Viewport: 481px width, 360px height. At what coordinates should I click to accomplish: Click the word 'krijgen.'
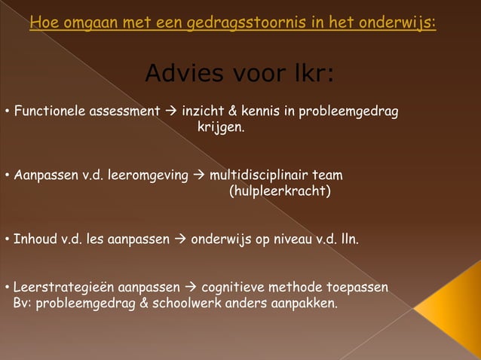(x=221, y=128)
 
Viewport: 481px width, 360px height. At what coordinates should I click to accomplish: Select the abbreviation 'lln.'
(x=348, y=240)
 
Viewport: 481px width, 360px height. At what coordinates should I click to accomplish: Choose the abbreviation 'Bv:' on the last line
(x=23, y=304)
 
